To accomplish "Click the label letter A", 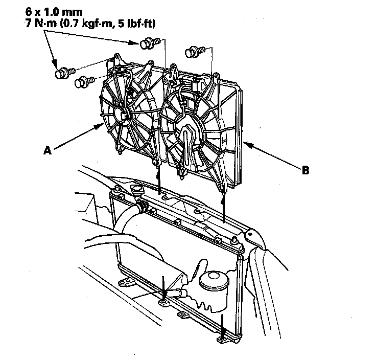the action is point(48,150).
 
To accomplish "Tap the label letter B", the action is point(305,171).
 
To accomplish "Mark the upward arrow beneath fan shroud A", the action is point(160,182).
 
